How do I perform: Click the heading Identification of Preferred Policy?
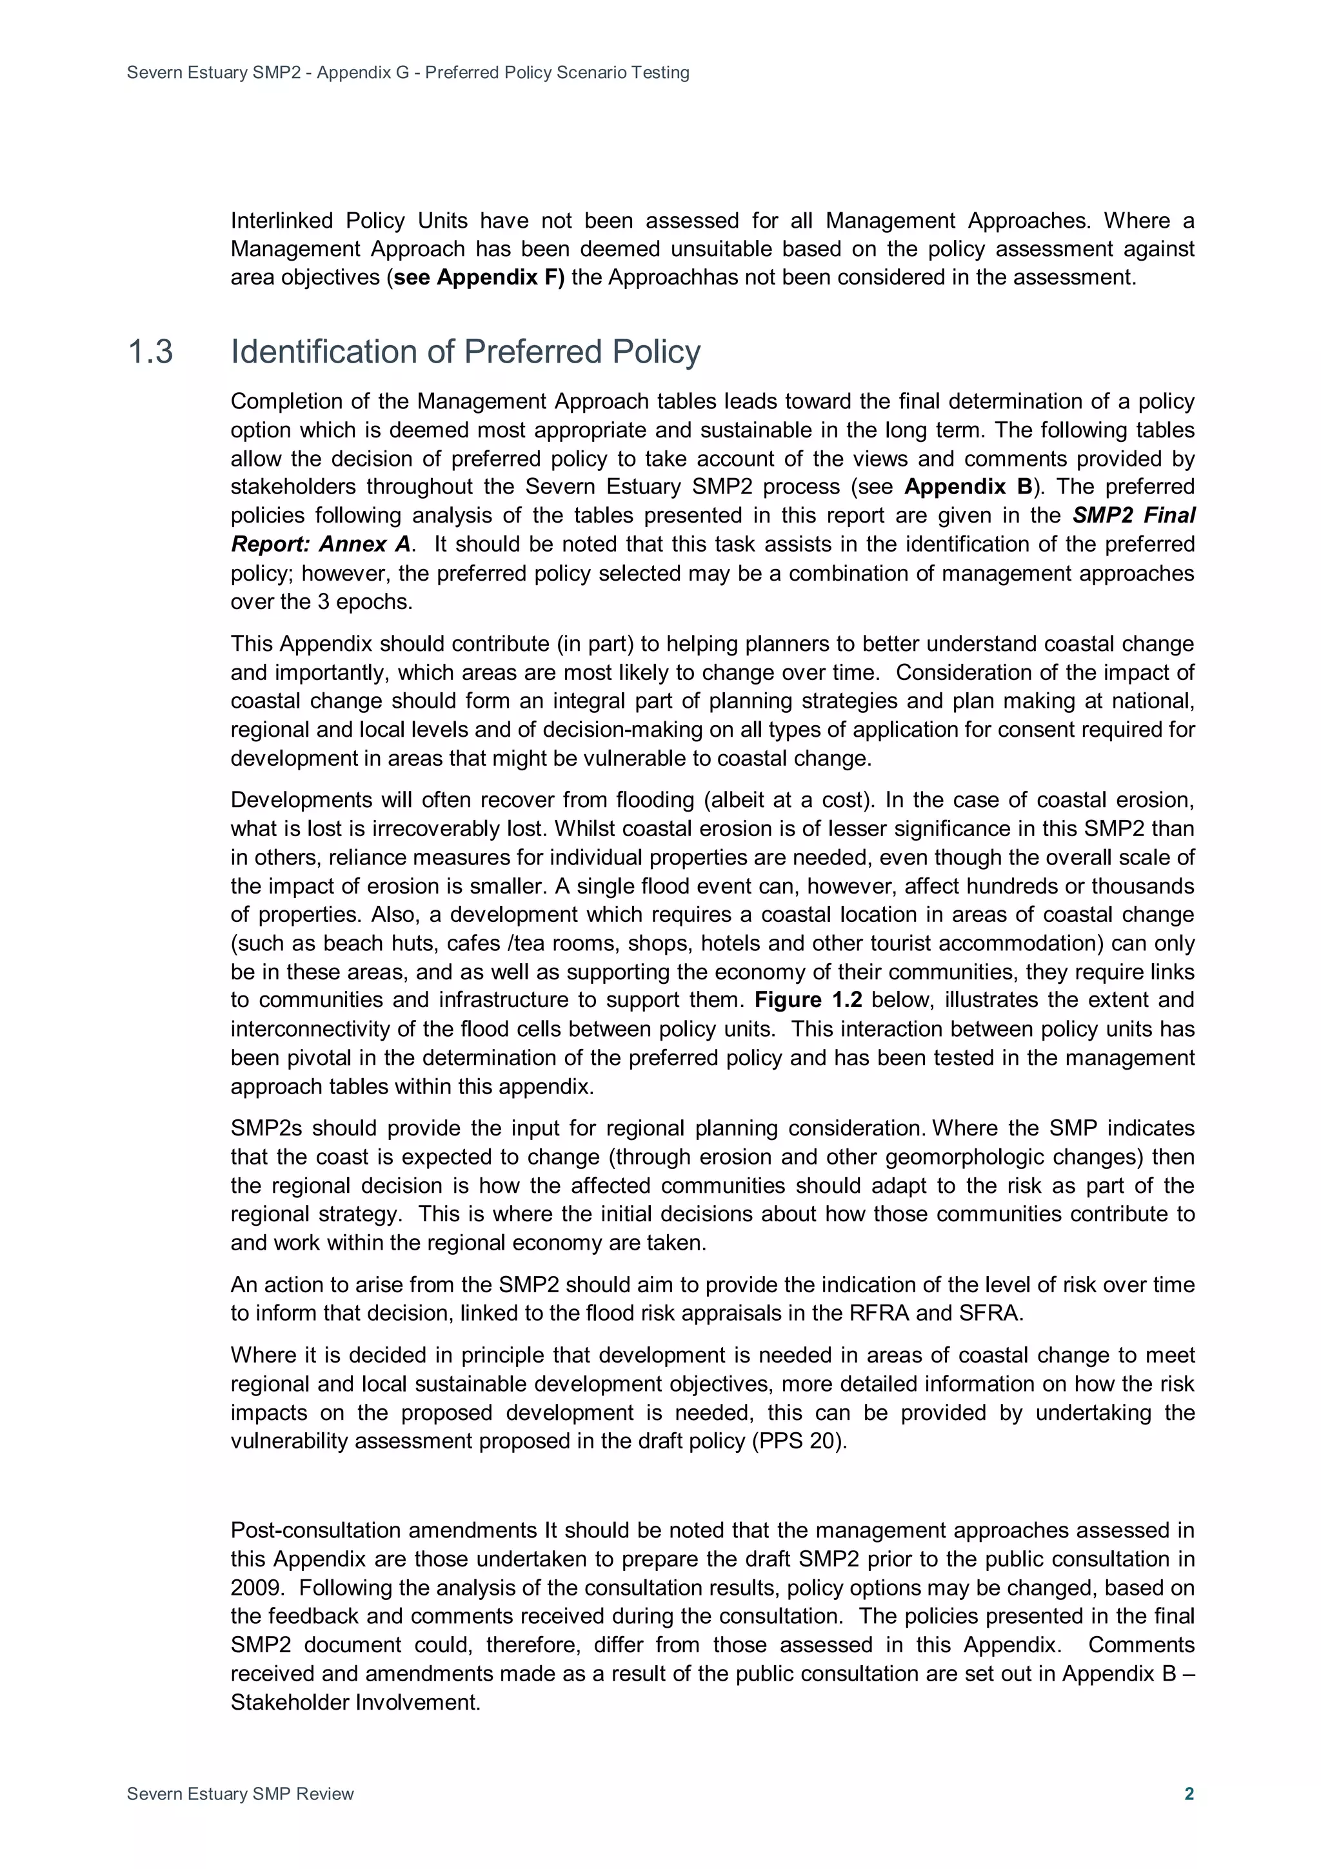[x=465, y=352]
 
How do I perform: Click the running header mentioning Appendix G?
[x=408, y=72]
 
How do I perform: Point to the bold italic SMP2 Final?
[x=1133, y=515]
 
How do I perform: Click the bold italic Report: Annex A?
[x=321, y=544]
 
